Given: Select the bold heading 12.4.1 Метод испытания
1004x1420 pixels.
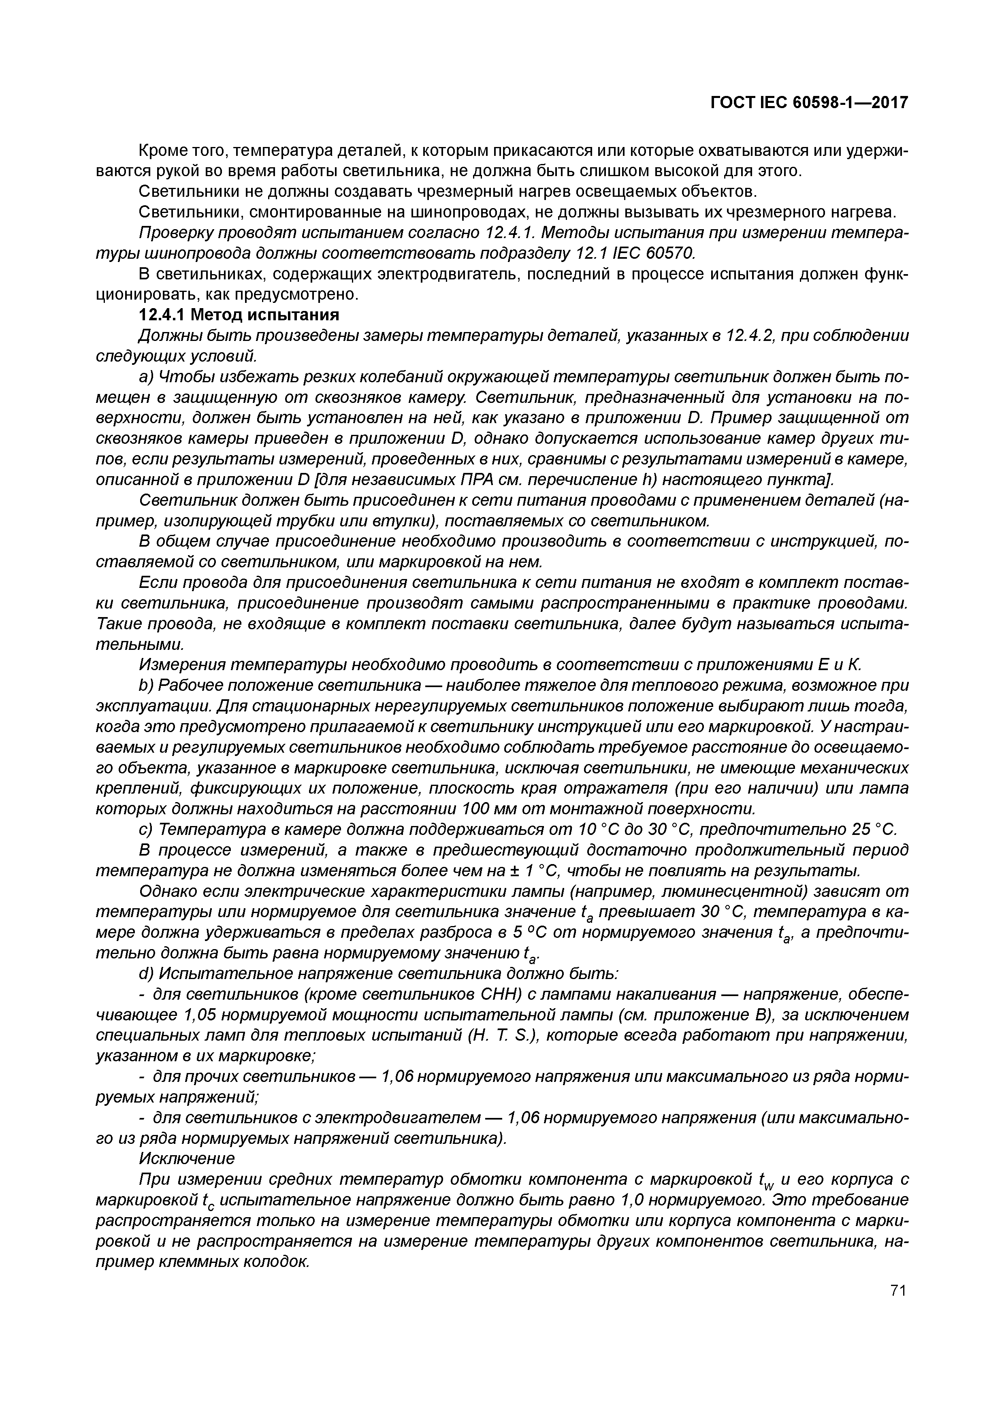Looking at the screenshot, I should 239,315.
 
